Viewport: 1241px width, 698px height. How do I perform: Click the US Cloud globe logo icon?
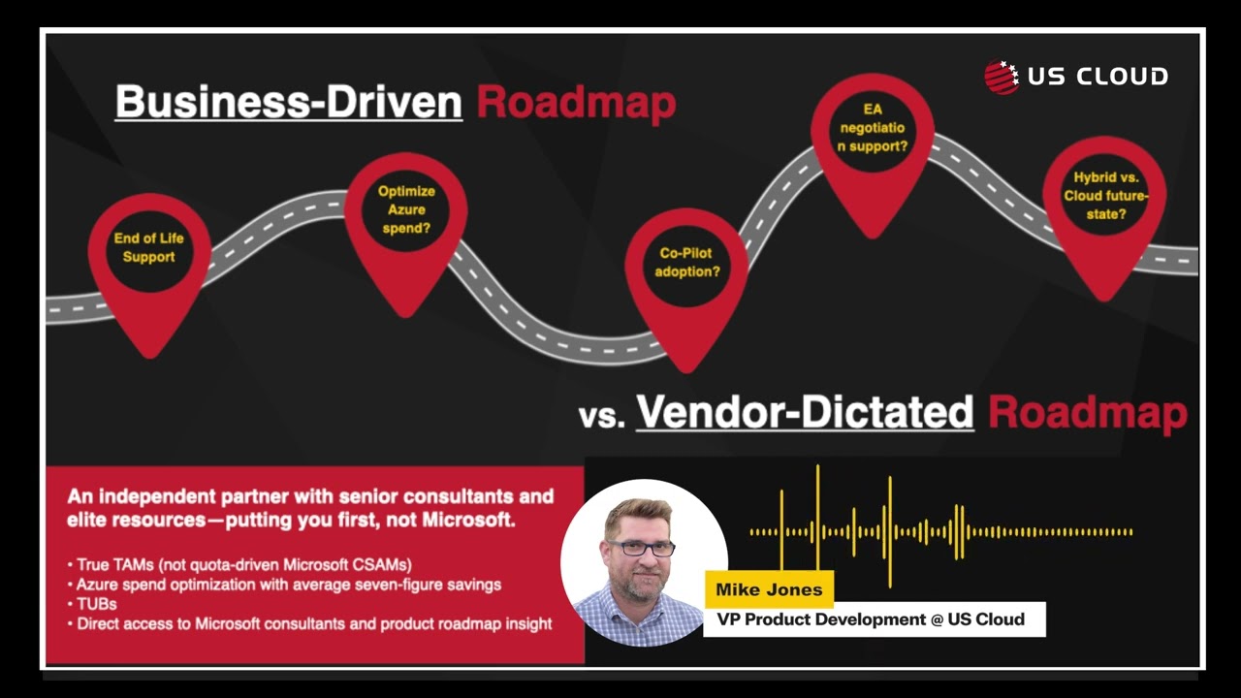[1002, 77]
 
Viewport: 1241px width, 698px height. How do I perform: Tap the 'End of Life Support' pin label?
[148, 247]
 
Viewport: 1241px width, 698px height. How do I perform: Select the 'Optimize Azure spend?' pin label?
[406, 209]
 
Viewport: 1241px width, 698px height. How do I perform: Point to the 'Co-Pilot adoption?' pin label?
[687, 262]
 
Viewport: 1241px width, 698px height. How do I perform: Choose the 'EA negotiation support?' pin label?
[872, 128]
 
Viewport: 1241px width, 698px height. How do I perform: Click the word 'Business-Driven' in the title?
[288, 102]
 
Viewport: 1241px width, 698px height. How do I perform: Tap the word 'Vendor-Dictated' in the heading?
[805, 412]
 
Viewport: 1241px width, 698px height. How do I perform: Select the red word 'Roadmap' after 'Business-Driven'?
[576, 102]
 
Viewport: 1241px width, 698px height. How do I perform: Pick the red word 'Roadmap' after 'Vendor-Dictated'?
[1087, 412]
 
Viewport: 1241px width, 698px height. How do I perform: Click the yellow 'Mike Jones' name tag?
[769, 589]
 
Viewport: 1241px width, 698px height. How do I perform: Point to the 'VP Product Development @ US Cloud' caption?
[871, 619]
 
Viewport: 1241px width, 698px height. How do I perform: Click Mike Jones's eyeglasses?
[641, 548]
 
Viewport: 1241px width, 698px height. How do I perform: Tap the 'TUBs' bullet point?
[96, 604]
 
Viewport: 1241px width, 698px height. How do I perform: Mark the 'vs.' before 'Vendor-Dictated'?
[601, 416]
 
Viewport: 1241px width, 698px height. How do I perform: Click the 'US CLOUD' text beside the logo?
[1097, 77]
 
